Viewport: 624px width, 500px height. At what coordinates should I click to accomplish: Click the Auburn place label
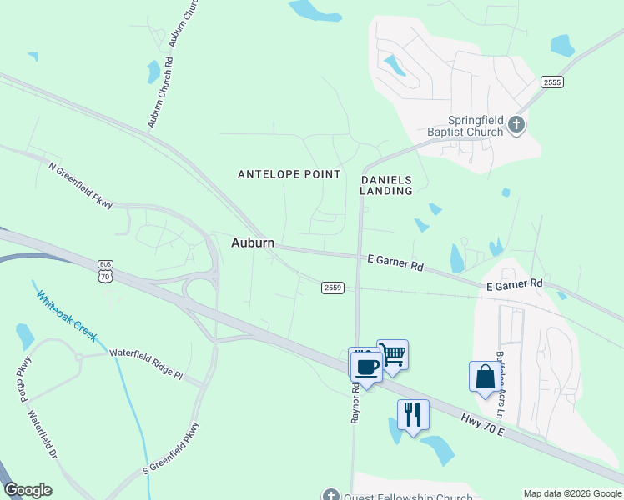point(253,242)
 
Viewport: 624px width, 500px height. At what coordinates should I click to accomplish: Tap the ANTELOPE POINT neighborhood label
point(289,174)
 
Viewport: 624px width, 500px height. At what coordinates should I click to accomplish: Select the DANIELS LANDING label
point(386,185)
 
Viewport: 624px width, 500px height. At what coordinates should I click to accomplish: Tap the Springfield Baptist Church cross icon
point(516,126)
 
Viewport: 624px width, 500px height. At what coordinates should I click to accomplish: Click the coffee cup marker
point(366,364)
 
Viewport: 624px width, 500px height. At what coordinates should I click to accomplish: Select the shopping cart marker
point(392,355)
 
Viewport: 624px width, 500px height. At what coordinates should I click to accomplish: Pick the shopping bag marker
point(485,377)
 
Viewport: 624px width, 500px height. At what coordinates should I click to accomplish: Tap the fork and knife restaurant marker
point(413,413)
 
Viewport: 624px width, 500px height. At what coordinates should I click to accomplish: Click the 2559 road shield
point(333,287)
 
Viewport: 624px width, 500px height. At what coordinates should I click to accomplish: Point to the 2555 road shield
point(551,82)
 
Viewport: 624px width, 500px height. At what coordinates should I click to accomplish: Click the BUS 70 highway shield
point(104,269)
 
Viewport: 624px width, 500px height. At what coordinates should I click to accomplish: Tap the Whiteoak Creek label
point(67,315)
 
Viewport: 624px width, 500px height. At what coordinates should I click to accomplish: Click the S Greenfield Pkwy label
point(172,449)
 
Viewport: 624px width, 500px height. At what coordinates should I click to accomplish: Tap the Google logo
point(28,490)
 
